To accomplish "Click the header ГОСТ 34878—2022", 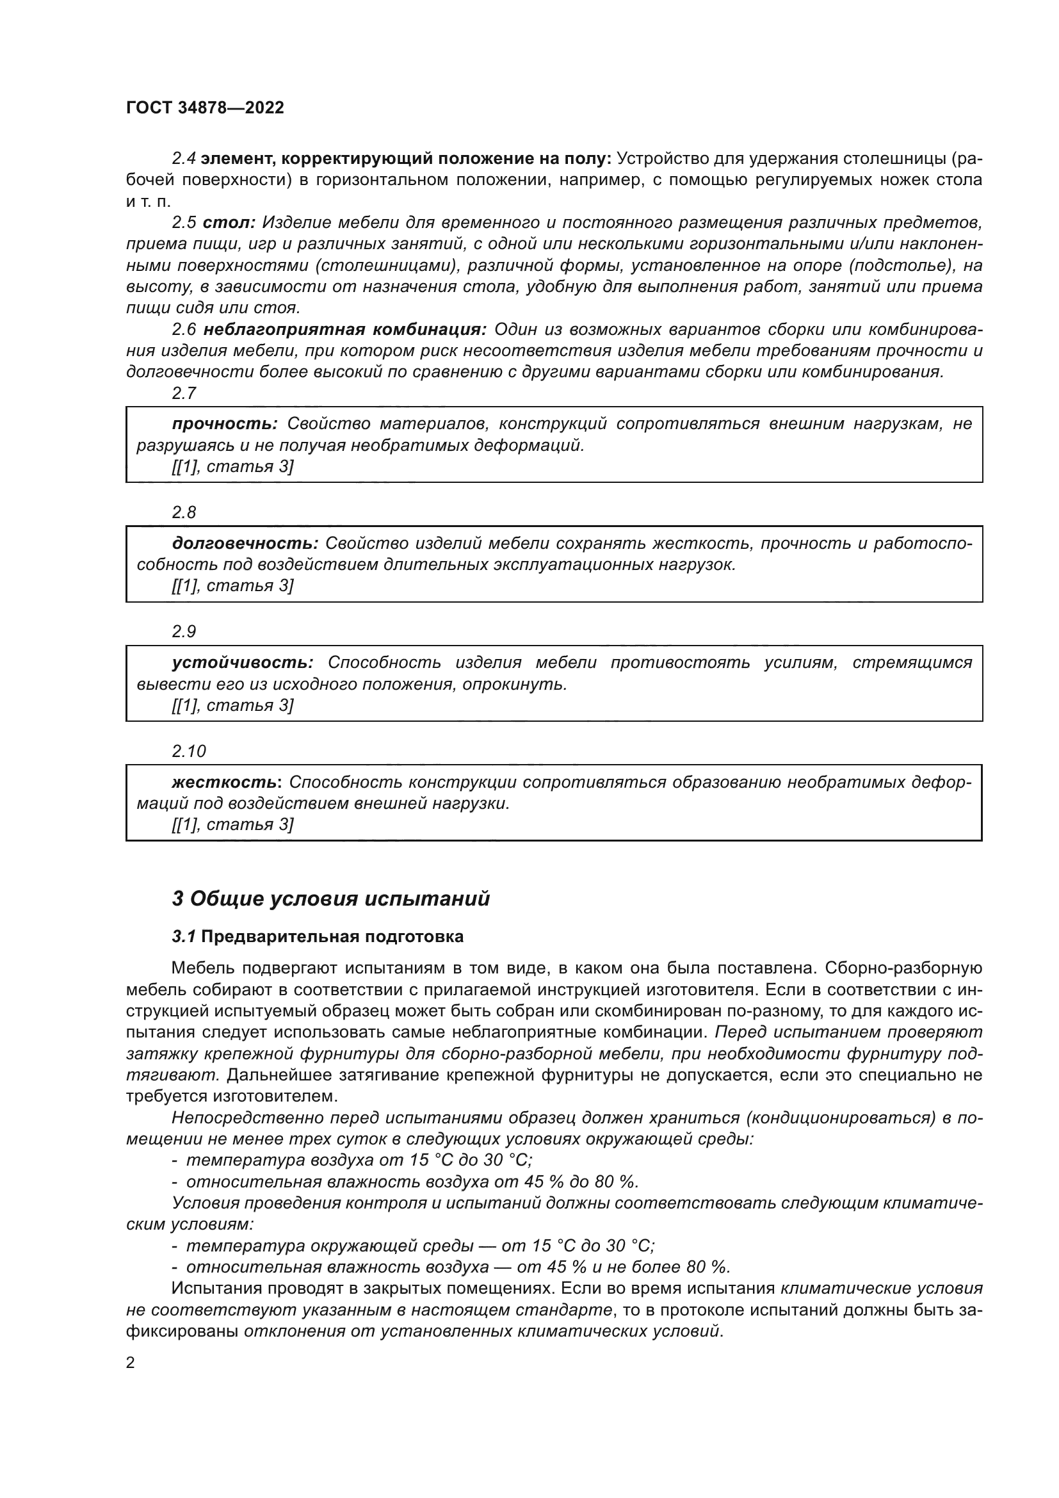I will (x=205, y=108).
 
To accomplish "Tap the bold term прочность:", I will (x=225, y=424).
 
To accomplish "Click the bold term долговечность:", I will (x=245, y=544).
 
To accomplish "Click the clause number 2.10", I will (x=188, y=751).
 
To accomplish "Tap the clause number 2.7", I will (x=184, y=393).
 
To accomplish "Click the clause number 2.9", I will (x=184, y=631).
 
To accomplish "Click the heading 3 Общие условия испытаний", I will (x=330, y=899).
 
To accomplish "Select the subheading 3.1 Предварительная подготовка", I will (x=318, y=937).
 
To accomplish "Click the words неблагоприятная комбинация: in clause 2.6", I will (x=345, y=329).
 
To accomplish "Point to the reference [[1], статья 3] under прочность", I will (x=233, y=466).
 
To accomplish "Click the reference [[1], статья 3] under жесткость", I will (x=233, y=825).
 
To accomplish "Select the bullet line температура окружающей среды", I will (x=413, y=1246).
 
